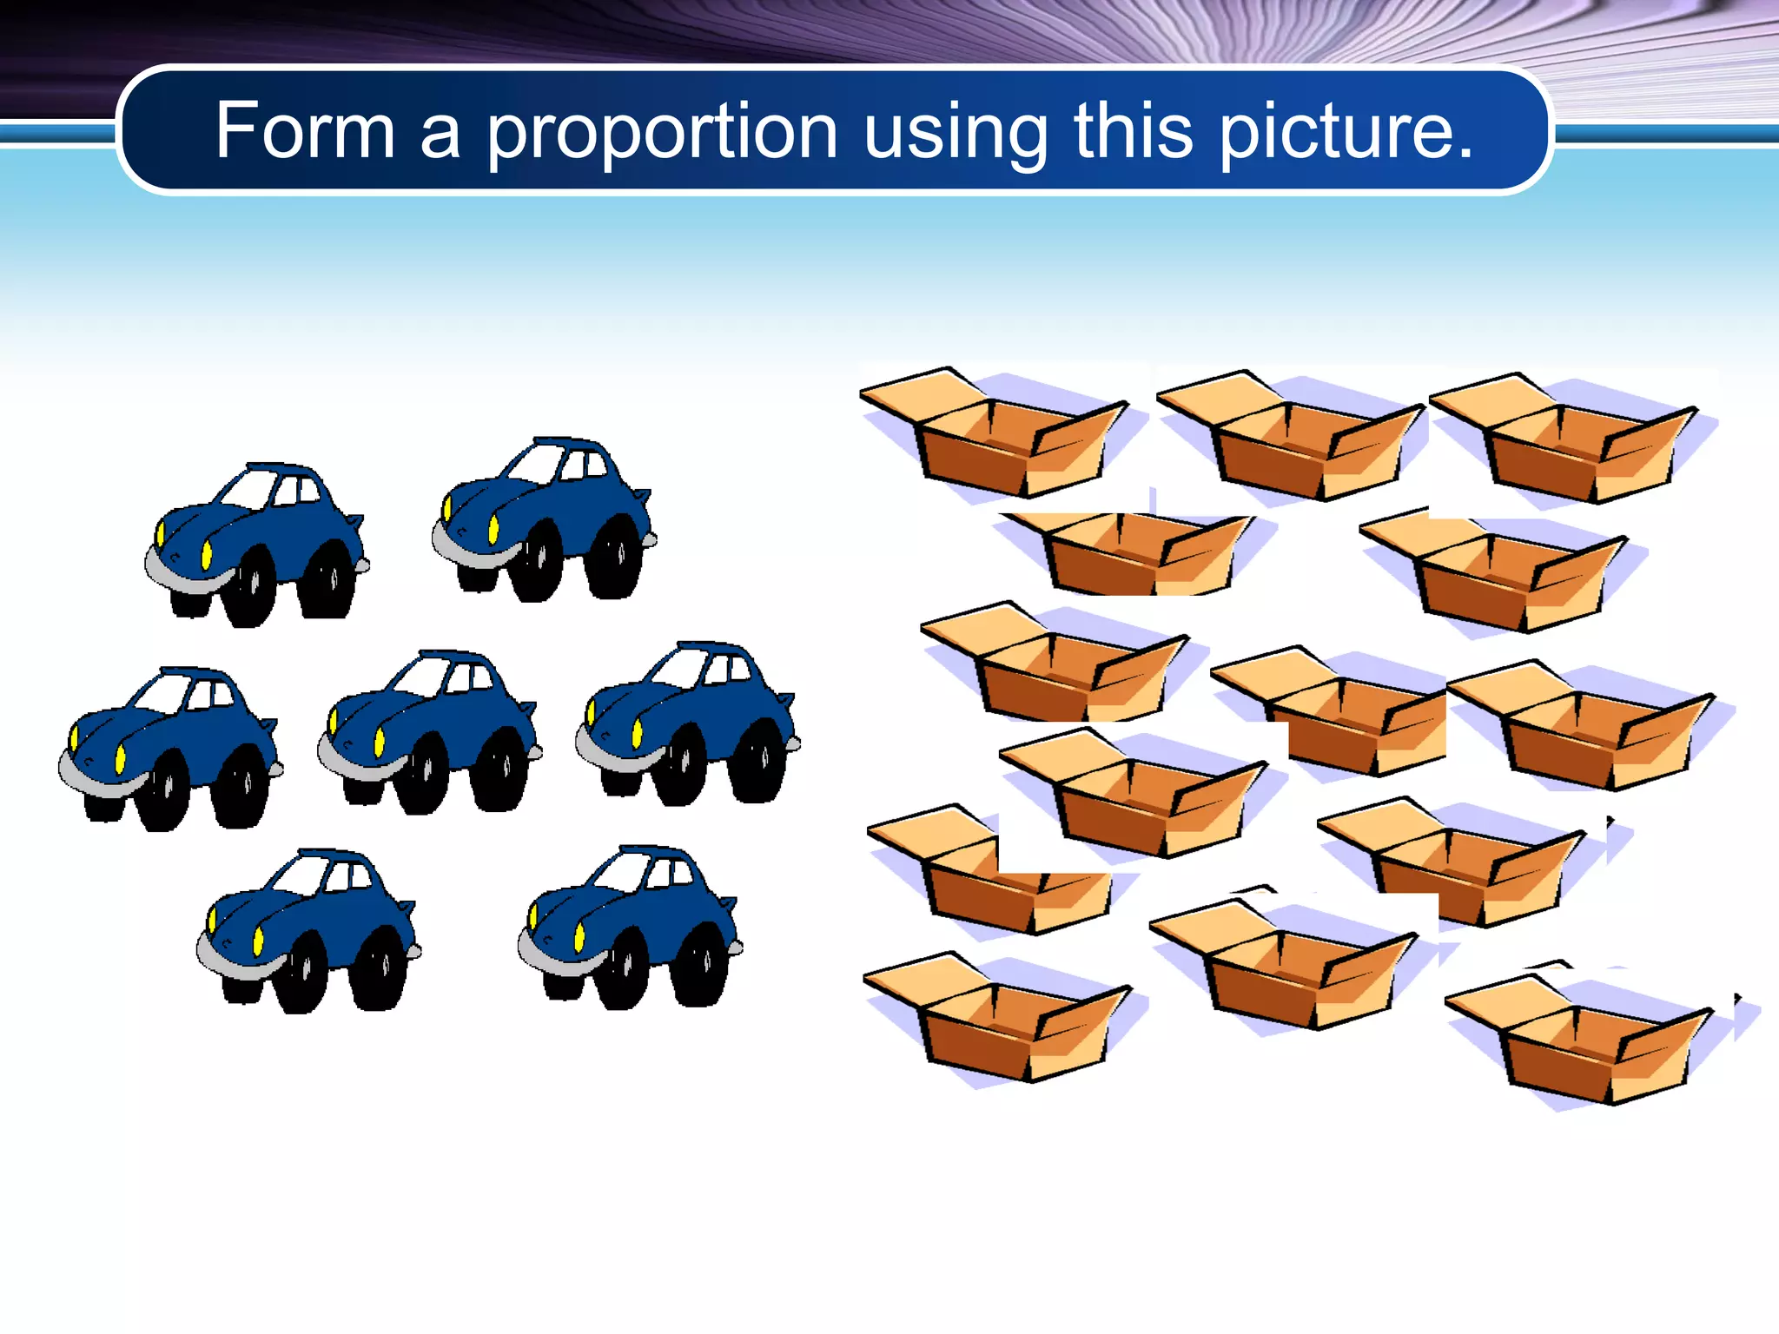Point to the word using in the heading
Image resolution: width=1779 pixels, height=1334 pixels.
tap(956, 132)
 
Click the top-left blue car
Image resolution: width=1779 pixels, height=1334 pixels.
tap(256, 543)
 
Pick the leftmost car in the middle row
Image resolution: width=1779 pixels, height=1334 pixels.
tap(170, 748)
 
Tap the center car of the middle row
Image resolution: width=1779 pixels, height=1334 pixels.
tap(429, 730)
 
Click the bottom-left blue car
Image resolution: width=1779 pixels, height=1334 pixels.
tap(308, 929)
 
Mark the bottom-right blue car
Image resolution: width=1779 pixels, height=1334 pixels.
tap(630, 926)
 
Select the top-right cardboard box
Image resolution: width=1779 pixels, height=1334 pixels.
tap(1564, 438)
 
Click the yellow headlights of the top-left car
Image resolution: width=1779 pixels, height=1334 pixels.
tap(206, 554)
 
